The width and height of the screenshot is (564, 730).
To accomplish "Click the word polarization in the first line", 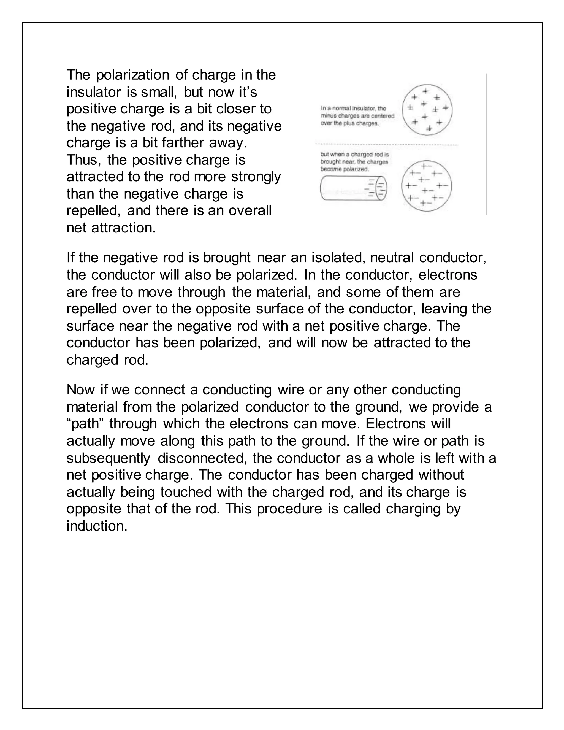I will [134, 75].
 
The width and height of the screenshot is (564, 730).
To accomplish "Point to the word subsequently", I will [108, 458].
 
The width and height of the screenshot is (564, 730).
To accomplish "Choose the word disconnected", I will [202, 458].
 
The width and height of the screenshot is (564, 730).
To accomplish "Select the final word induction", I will [97, 526].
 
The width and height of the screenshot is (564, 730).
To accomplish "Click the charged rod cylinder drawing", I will [348, 188].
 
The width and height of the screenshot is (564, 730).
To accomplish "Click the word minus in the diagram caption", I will [327, 116].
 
